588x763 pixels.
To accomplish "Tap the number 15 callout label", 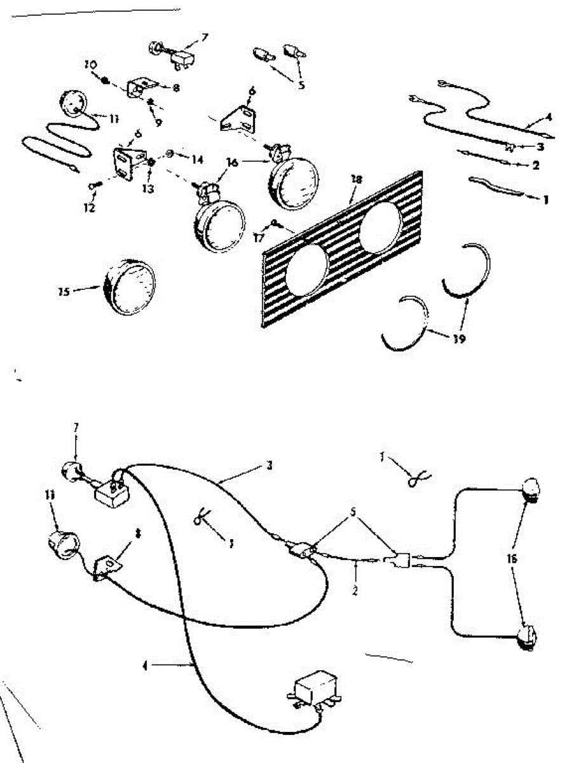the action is tap(64, 292).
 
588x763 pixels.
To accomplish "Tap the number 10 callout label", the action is tap(90, 65).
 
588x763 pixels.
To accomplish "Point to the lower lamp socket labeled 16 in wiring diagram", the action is tap(528, 636).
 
